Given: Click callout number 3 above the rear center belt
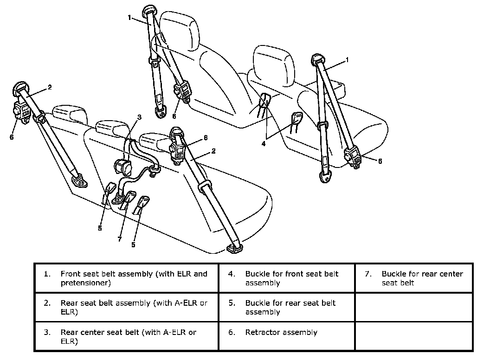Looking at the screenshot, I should [x=138, y=116].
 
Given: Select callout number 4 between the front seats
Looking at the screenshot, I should [x=264, y=144].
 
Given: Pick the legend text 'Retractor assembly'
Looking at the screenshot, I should [x=281, y=332].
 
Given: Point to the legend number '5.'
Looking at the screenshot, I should [x=232, y=303].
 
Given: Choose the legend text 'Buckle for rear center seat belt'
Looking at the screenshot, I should [x=422, y=278].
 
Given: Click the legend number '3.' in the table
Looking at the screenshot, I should [x=47, y=332].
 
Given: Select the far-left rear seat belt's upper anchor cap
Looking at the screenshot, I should [x=21, y=87].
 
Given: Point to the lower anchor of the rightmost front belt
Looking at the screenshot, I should [x=326, y=176].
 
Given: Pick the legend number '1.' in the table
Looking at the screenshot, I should [x=47, y=274].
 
